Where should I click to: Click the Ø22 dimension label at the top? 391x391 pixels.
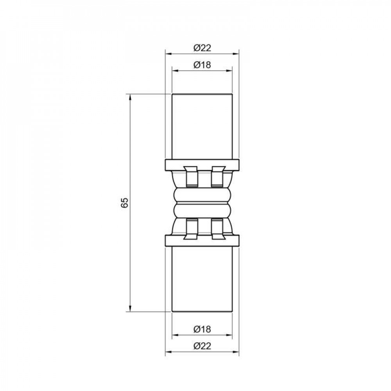coord(202,48)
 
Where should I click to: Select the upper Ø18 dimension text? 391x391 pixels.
coord(202,65)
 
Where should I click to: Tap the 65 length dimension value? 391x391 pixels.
coord(125,203)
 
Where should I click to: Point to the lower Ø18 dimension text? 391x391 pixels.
coord(202,329)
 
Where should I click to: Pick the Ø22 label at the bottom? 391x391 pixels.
coord(202,346)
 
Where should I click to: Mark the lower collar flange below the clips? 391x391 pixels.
coord(202,240)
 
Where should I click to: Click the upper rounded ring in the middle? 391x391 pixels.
coord(202,194)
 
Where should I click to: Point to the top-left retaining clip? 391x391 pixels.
coord(191,176)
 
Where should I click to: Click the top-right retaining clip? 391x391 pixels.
coord(216,176)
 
